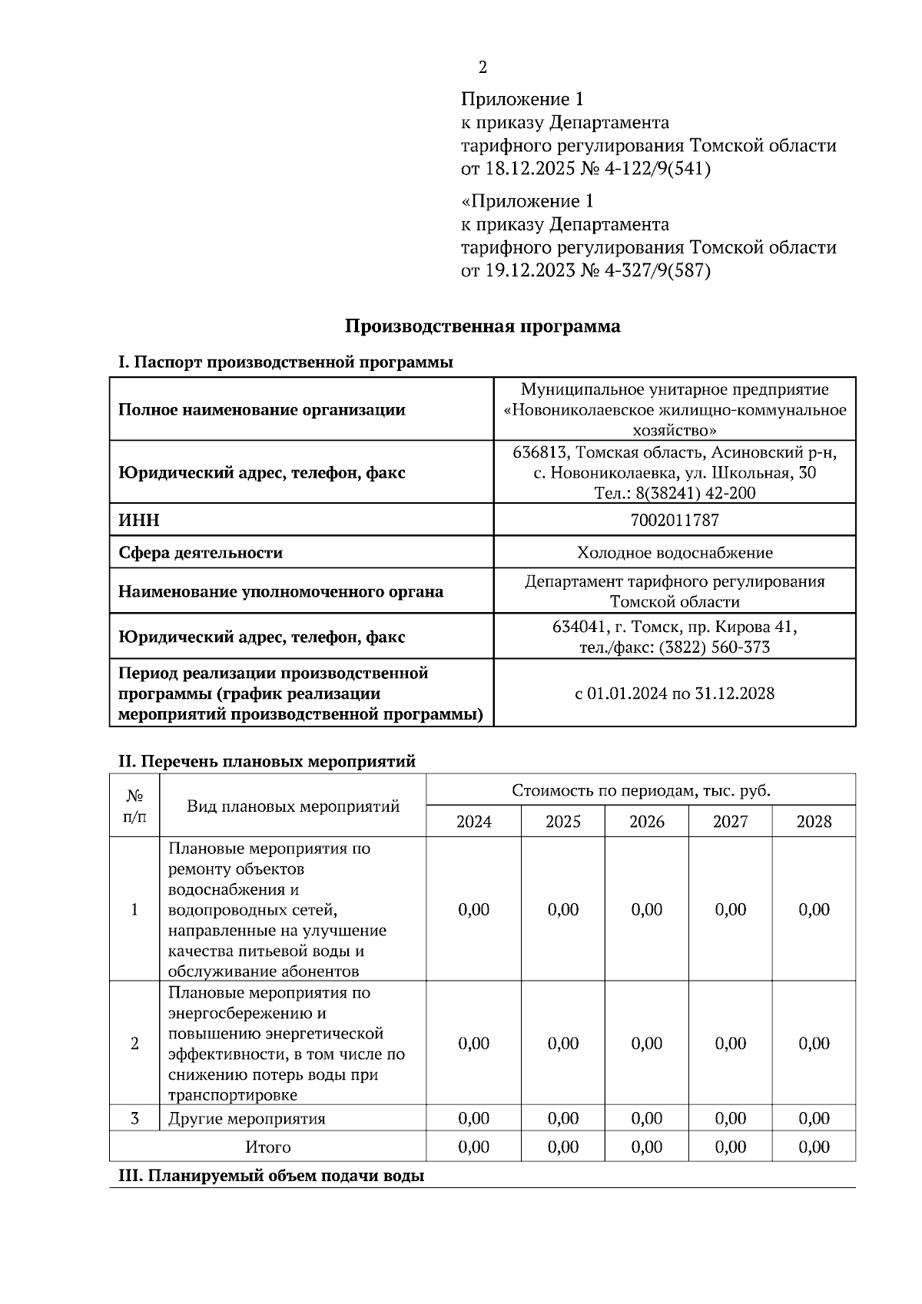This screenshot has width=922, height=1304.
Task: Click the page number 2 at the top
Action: click(x=483, y=68)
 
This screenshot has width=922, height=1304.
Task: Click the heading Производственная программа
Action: click(x=482, y=326)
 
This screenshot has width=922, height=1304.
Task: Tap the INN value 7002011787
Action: click(x=674, y=520)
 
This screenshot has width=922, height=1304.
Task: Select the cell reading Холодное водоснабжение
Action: click(x=674, y=552)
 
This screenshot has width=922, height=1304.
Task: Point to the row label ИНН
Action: click(x=139, y=520)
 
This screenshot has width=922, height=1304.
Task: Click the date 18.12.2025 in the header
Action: click(x=529, y=169)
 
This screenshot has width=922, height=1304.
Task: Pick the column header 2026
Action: click(x=646, y=822)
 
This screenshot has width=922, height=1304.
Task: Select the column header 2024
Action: click(x=473, y=822)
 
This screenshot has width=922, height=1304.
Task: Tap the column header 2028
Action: click(x=814, y=822)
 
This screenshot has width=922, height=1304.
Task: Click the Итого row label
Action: click(x=267, y=1147)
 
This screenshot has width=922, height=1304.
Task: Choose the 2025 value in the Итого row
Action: click(x=562, y=1147)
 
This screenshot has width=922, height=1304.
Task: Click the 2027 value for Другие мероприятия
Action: click(x=730, y=1118)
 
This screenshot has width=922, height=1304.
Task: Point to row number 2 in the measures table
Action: click(x=135, y=1044)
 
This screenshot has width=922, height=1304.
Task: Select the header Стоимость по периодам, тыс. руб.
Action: click(x=640, y=790)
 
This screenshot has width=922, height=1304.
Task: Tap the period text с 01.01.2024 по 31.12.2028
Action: click(x=674, y=693)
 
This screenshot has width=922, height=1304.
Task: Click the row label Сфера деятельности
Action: click(x=200, y=552)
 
